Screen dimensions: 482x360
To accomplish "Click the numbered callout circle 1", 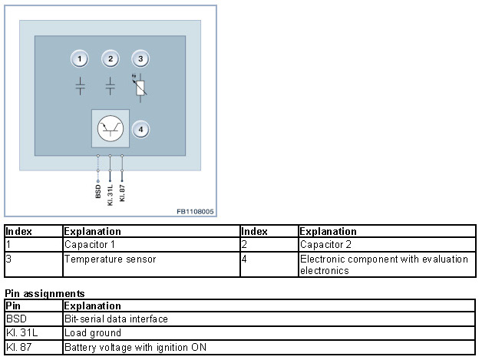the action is [x=81, y=59].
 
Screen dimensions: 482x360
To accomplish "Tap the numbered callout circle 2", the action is [x=111, y=59].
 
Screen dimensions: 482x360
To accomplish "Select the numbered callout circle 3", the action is [x=140, y=59].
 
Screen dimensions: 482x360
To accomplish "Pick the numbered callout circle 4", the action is [x=140, y=129].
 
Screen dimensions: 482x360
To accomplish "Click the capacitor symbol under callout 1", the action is [x=81, y=86].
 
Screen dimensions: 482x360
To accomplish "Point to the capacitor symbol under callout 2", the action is [x=111, y=86].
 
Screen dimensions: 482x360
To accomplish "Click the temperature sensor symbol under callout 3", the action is [x=140, y=87].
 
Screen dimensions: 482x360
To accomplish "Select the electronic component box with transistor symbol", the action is [x=110, y=128].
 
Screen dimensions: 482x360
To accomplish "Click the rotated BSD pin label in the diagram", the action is [x=98, y=190].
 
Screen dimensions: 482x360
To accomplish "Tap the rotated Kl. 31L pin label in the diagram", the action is [x=111, y=194].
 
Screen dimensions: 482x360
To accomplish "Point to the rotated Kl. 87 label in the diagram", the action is [x=123, y=192].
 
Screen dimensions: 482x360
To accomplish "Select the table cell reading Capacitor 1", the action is [x=90, y=245].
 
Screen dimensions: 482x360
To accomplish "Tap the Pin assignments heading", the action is [x=44, y=293].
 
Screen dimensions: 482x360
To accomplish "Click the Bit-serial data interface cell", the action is [x=116, y=319].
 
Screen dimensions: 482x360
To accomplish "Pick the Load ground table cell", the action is [x=93, y=333].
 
